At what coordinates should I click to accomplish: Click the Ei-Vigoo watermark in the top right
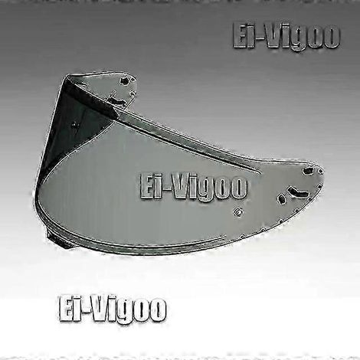coord(286,36)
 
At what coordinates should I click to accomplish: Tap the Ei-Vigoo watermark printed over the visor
coord(194,186)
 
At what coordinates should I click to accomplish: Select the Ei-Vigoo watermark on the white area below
coord(113,309)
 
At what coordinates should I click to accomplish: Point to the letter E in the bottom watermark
coord(66,309)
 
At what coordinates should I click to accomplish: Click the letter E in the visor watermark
coord(147,186)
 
